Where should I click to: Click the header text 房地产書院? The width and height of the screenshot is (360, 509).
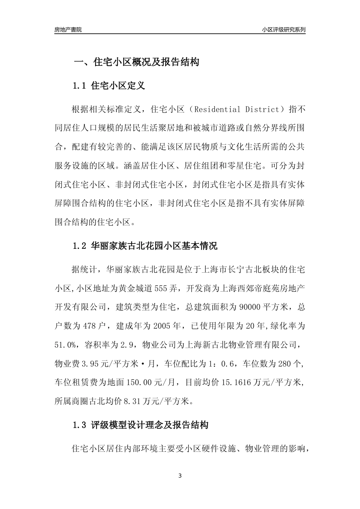pyautogui.click(x=68, y=30)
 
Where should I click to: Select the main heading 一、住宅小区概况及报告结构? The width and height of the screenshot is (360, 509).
pyautogui.click(x=136, y=62)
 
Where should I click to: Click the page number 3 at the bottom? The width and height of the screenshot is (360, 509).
pyautogui.click(x=180, y=476)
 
